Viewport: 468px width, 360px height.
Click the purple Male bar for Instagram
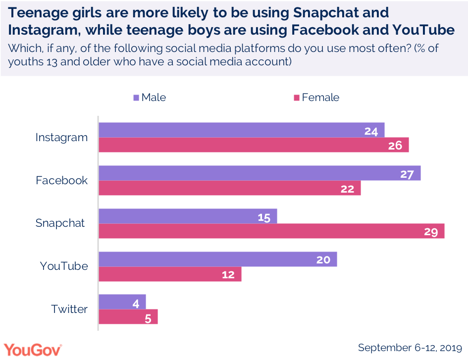(242, 130)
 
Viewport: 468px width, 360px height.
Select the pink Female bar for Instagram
(254, 145)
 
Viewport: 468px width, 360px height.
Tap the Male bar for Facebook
(260, 173)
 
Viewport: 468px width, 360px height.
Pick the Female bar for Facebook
(230, 188)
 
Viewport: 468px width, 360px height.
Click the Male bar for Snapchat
(188, 216)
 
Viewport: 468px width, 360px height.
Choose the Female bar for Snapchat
(271, 231)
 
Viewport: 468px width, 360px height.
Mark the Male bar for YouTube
(218, 259)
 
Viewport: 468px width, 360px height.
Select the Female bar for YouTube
(170, 274)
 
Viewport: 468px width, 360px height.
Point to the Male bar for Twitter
(122, 302)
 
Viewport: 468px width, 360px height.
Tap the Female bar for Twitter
(128, 316)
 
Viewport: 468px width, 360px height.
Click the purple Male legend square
(136, 98)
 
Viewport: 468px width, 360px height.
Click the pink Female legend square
(297, 98)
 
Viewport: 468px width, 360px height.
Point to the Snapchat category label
(60, 223)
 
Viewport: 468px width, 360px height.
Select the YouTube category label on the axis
(64, 266)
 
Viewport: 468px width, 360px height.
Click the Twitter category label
(69, 309)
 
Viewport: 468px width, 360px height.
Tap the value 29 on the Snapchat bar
(430, 231)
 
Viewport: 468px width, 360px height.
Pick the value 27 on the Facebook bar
(407, 174)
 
